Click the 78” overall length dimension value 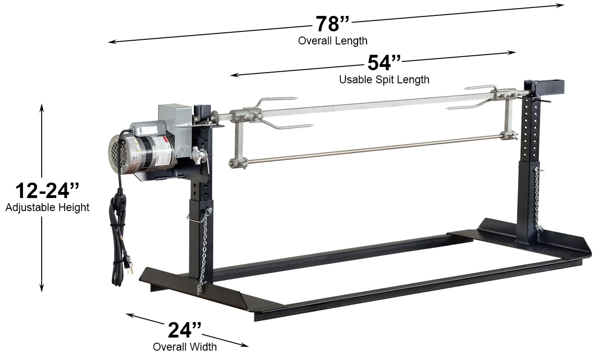332,24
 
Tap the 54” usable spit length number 384,63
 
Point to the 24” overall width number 184,330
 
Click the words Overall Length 333,41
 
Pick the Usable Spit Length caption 384,80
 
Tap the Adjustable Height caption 47,207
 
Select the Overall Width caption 184,347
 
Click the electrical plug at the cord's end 128,267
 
